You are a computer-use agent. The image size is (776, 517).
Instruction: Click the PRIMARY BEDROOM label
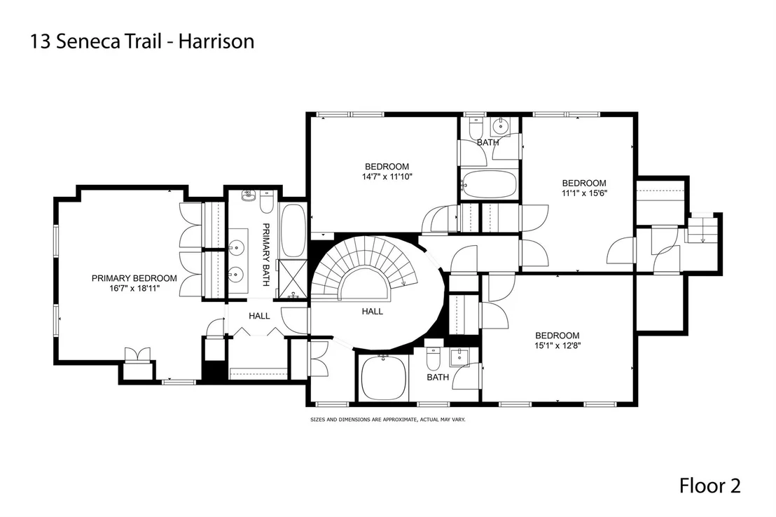tap(134, 278)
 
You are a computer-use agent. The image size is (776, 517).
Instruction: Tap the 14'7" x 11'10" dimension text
tap(387, 177)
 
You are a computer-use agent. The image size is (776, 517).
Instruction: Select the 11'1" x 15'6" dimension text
tap(584, 193)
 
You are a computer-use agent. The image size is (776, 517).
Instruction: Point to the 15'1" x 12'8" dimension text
tap(557, 345)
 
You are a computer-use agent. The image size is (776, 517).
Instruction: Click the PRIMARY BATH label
tap(265, 254)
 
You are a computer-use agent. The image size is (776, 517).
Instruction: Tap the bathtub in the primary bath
tap(293, 230)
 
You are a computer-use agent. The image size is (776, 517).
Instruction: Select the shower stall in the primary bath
tap(293, 280)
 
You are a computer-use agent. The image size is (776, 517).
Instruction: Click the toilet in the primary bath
tap(266, 202)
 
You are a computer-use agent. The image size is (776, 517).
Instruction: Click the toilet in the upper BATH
tap(475, 127)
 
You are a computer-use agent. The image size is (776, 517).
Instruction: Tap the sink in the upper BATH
tap(502, 126)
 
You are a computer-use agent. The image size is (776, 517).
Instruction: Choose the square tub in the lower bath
tap(384, 377)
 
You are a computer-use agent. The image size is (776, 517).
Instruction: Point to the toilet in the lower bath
tap(434, 359)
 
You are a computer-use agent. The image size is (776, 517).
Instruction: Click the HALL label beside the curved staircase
tap(372, 312)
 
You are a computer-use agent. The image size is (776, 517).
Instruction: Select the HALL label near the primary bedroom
tap(259, 316)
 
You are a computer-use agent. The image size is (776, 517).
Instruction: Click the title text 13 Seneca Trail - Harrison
tap(143, 41)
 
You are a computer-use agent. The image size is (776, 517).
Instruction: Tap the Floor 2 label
tap(709, 485)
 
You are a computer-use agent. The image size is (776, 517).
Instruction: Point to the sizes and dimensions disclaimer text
tap(388, 420)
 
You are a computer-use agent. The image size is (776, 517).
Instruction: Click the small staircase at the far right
tap(701, 229)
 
